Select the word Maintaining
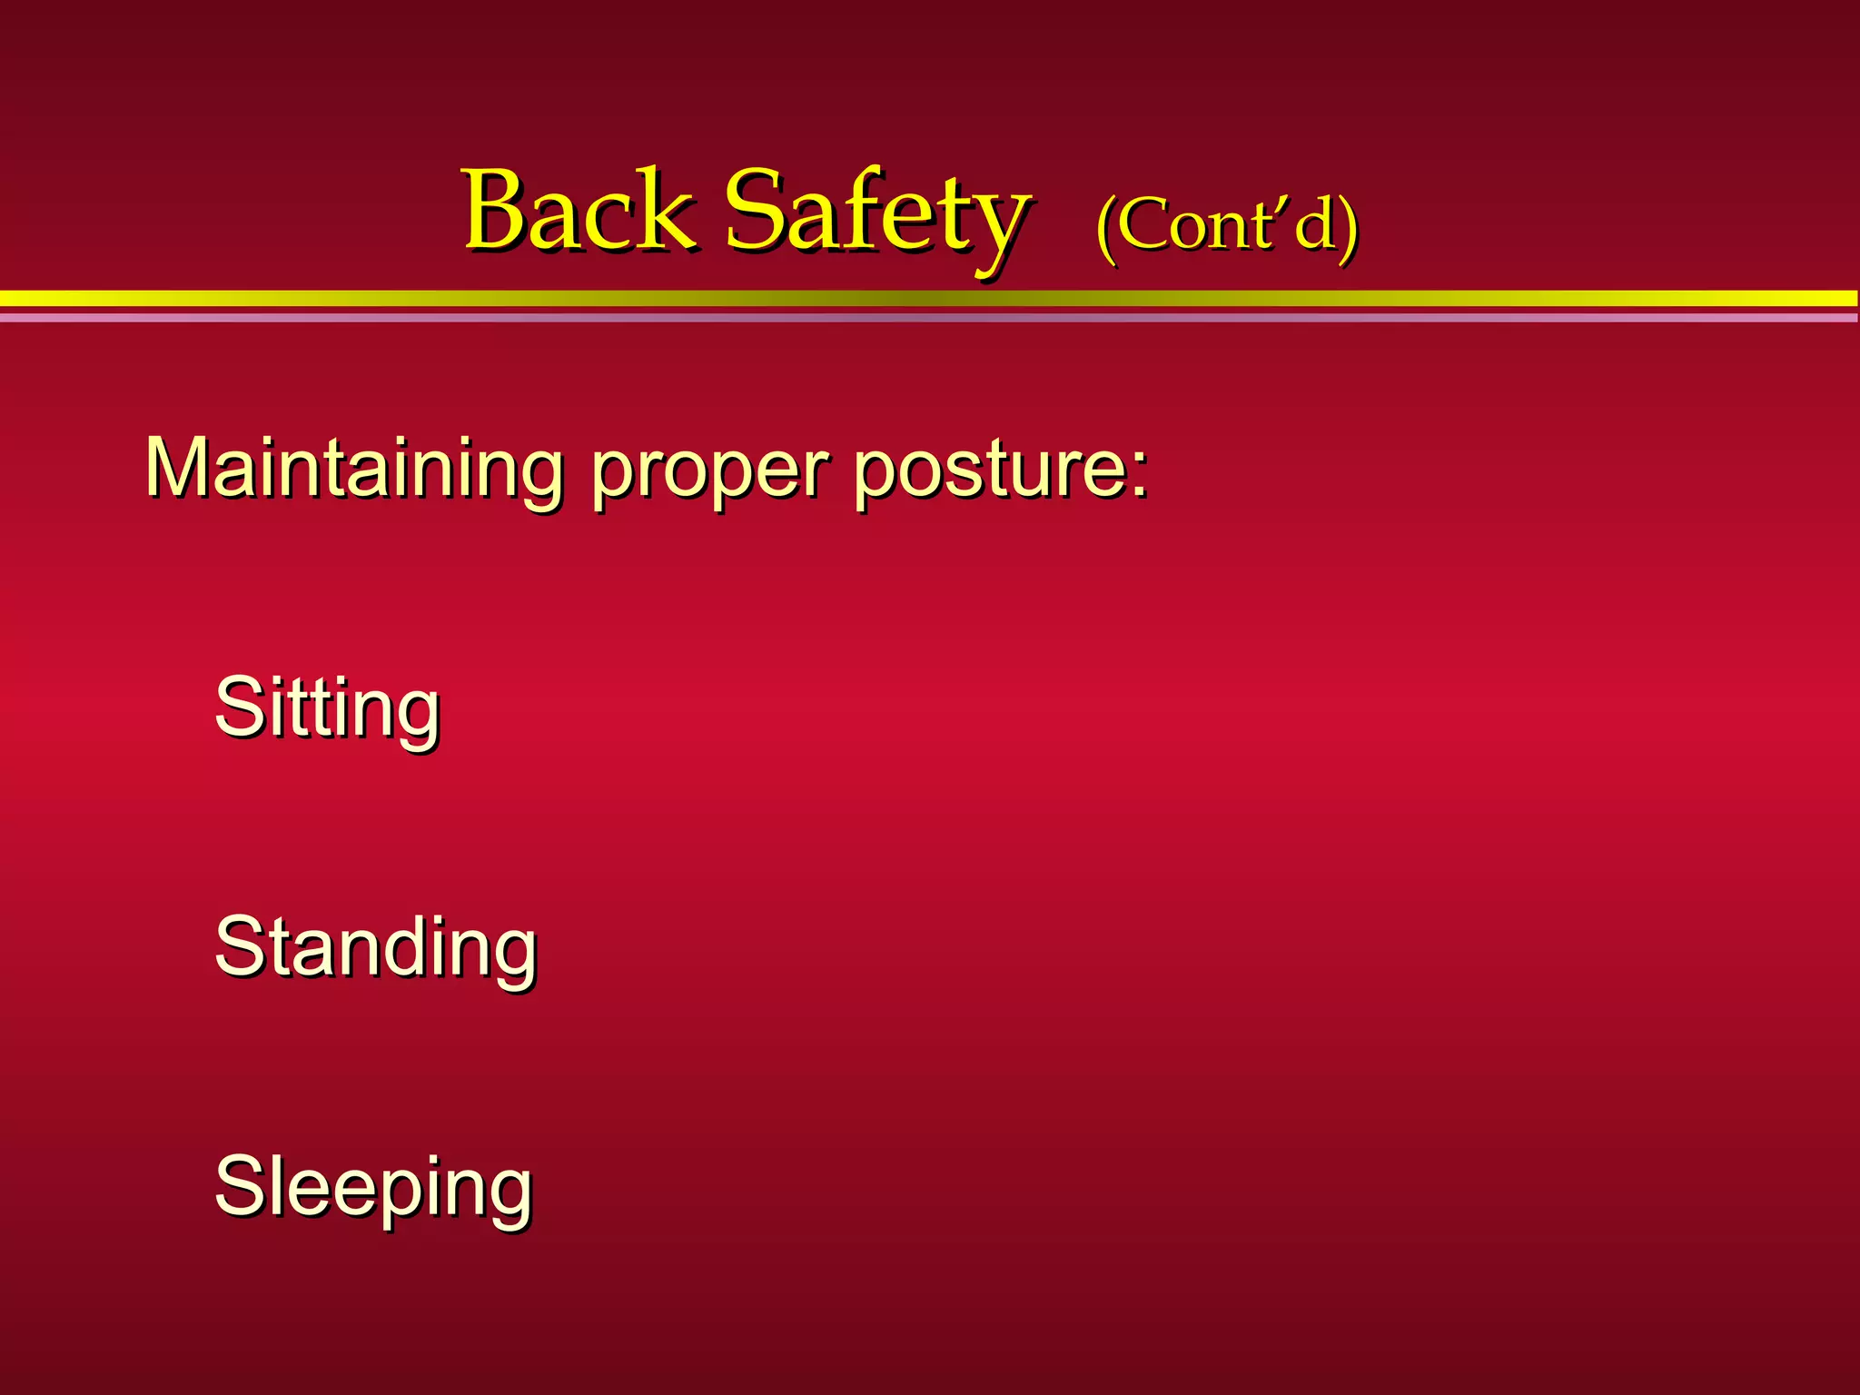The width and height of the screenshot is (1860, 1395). [354, 469]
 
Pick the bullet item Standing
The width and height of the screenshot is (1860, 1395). [375, 949]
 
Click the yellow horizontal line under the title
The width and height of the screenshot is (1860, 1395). [930, 298]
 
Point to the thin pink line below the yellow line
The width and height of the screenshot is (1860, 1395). [930, 318]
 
